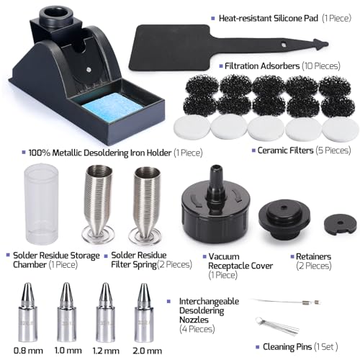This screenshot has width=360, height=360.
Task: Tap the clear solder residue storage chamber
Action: pyautogui.click(x=41, y=204)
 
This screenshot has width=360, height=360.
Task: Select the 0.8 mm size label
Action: pyautogui.click(x=28, y=351)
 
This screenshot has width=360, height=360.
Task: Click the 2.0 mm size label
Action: pyautogui.click(x=147, y=351)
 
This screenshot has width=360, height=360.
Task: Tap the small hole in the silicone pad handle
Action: pyautogui.click(x=284, y=45)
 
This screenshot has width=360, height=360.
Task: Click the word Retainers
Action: pyautogui.click(x=313, y=256)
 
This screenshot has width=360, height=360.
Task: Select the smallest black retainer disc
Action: pyautogui.click(x=340, y=223)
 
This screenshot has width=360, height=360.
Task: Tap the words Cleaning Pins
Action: pyautogui.click(x=287, y=346)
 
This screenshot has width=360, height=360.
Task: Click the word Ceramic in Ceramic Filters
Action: pyautogui.click(x=272, y=150)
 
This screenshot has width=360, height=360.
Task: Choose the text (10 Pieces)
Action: pyautogui.click(x=321, y=66)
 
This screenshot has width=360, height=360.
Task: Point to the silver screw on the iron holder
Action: pyautogui.click(x=89, y=69)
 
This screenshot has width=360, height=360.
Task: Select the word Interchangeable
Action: pyautogui.click(x=209, y=302)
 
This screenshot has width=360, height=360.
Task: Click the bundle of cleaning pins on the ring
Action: pyautogui.click(x=277, y=326)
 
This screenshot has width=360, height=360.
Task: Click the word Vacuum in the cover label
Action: pyautogui.click(x=224, y=256)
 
